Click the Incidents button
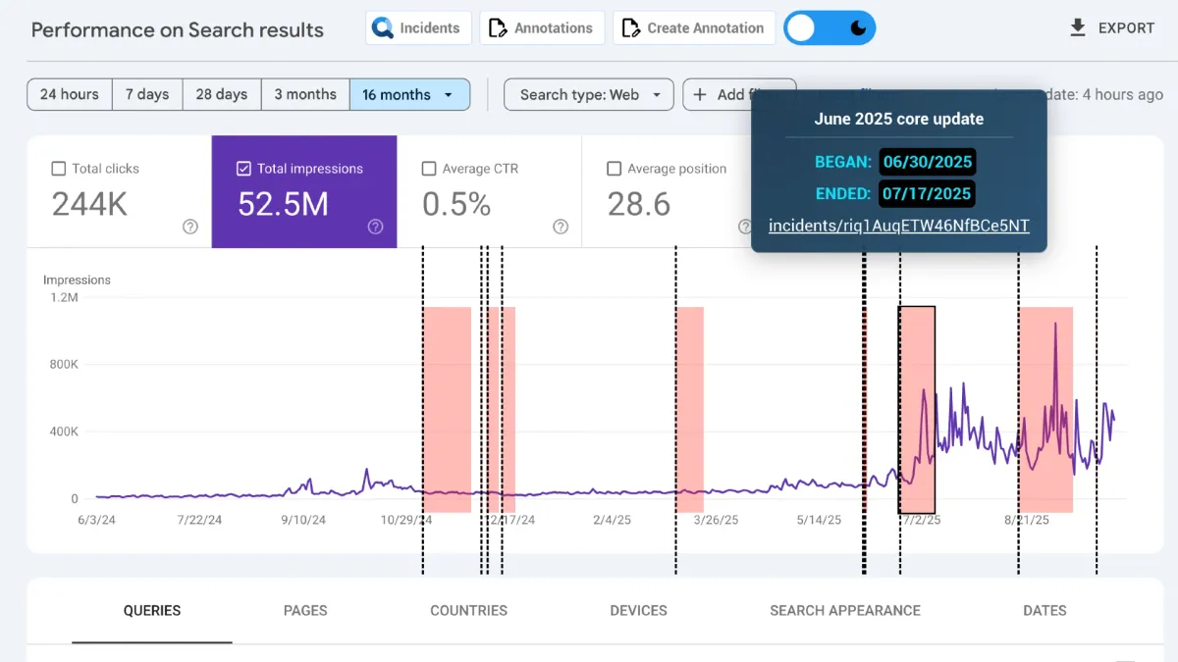click(x=418, y=28)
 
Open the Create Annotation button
click(x=694, y=28)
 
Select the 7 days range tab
click(x=147, y=95)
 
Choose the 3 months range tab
click(x=304, y=95)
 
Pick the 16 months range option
click(x=408, y=95)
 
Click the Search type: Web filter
click(x=588, y=95)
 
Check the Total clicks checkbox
click(x=59, y=169)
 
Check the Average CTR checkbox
click(x=429, y=169)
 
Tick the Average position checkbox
click(x=615, y=169)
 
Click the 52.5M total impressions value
click(x=283, y=204)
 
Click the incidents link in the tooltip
click(x=898, y=226)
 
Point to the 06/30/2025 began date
click(x=927, y=162)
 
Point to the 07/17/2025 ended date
click(x=927, y=193)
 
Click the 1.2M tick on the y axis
click(x=64, y=297)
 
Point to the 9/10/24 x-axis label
click(x=304, y=520)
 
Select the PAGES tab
click(x=305, y=610)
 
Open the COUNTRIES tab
click(x=468, y=610)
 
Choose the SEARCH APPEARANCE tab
click(x=844, y=610)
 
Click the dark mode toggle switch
click(x=830, y=28)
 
